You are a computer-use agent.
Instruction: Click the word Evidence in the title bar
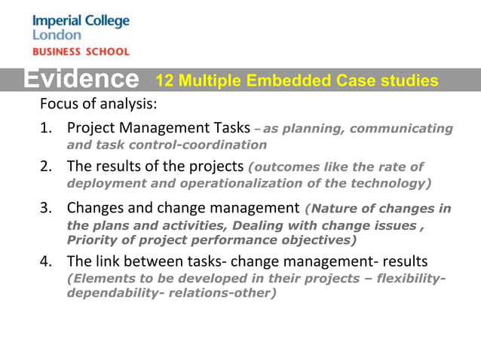(x=80, y=79)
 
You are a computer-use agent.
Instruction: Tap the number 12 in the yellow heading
(x=164, y=81)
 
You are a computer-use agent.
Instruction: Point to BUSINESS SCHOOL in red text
(x=81, y=52)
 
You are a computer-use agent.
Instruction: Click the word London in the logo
(x=54, y=35)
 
